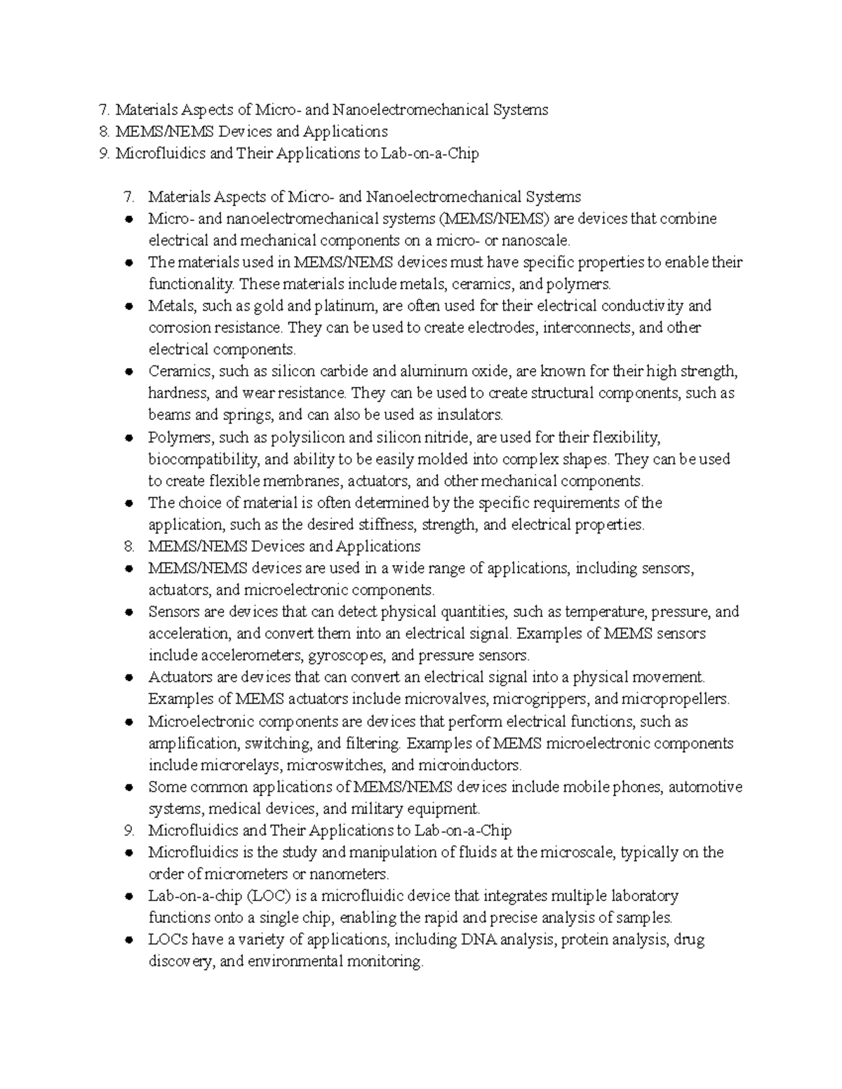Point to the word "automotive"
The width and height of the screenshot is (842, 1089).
(705, 787)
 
